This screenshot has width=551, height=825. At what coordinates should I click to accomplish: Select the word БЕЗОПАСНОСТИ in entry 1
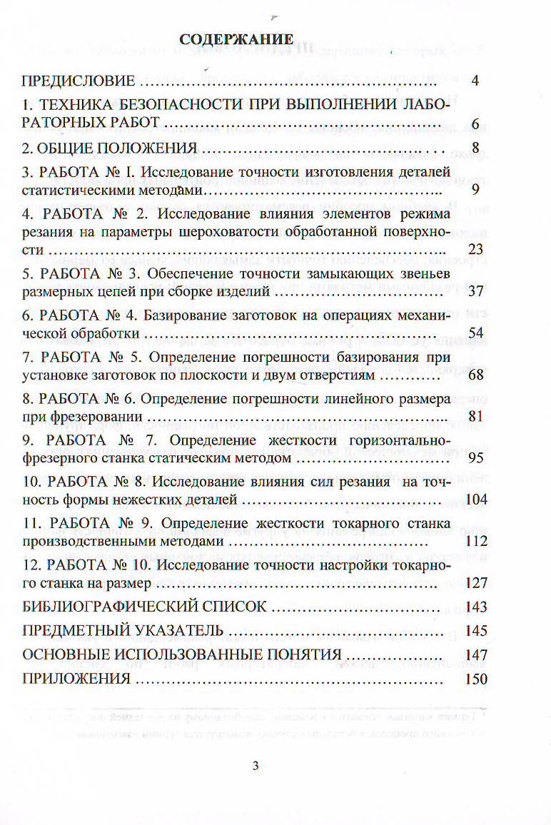[x=178, y=106]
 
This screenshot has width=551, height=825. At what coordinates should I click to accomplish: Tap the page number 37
[x=475, y=292]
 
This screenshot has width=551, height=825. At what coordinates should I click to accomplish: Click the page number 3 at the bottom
[x=256, y=766]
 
